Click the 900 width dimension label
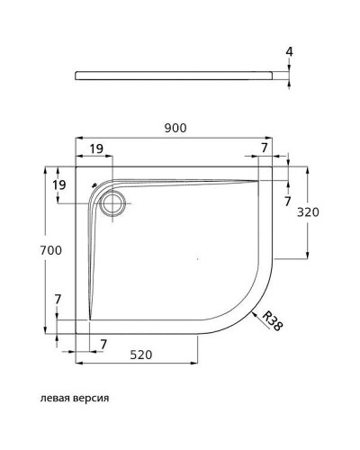pyautogui.click(x=175, y=128)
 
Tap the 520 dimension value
pyautogui.click(x=139, y=355)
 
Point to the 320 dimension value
pyautogui.click(x=309, y=212)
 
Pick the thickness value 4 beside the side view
pyautogui.click(x=289, y=52)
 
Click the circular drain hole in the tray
pyautogui.click(x=113, y=202)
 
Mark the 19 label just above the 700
pyautogui.click(x=59, y=184)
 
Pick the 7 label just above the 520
pyautogui.click(x=104, y=344)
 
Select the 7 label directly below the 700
pyautogui.click(x=58, y=298)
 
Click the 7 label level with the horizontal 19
pyautogui.click(x=264, y=147)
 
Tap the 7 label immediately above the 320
pyautogui.click(x=287, y=202)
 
